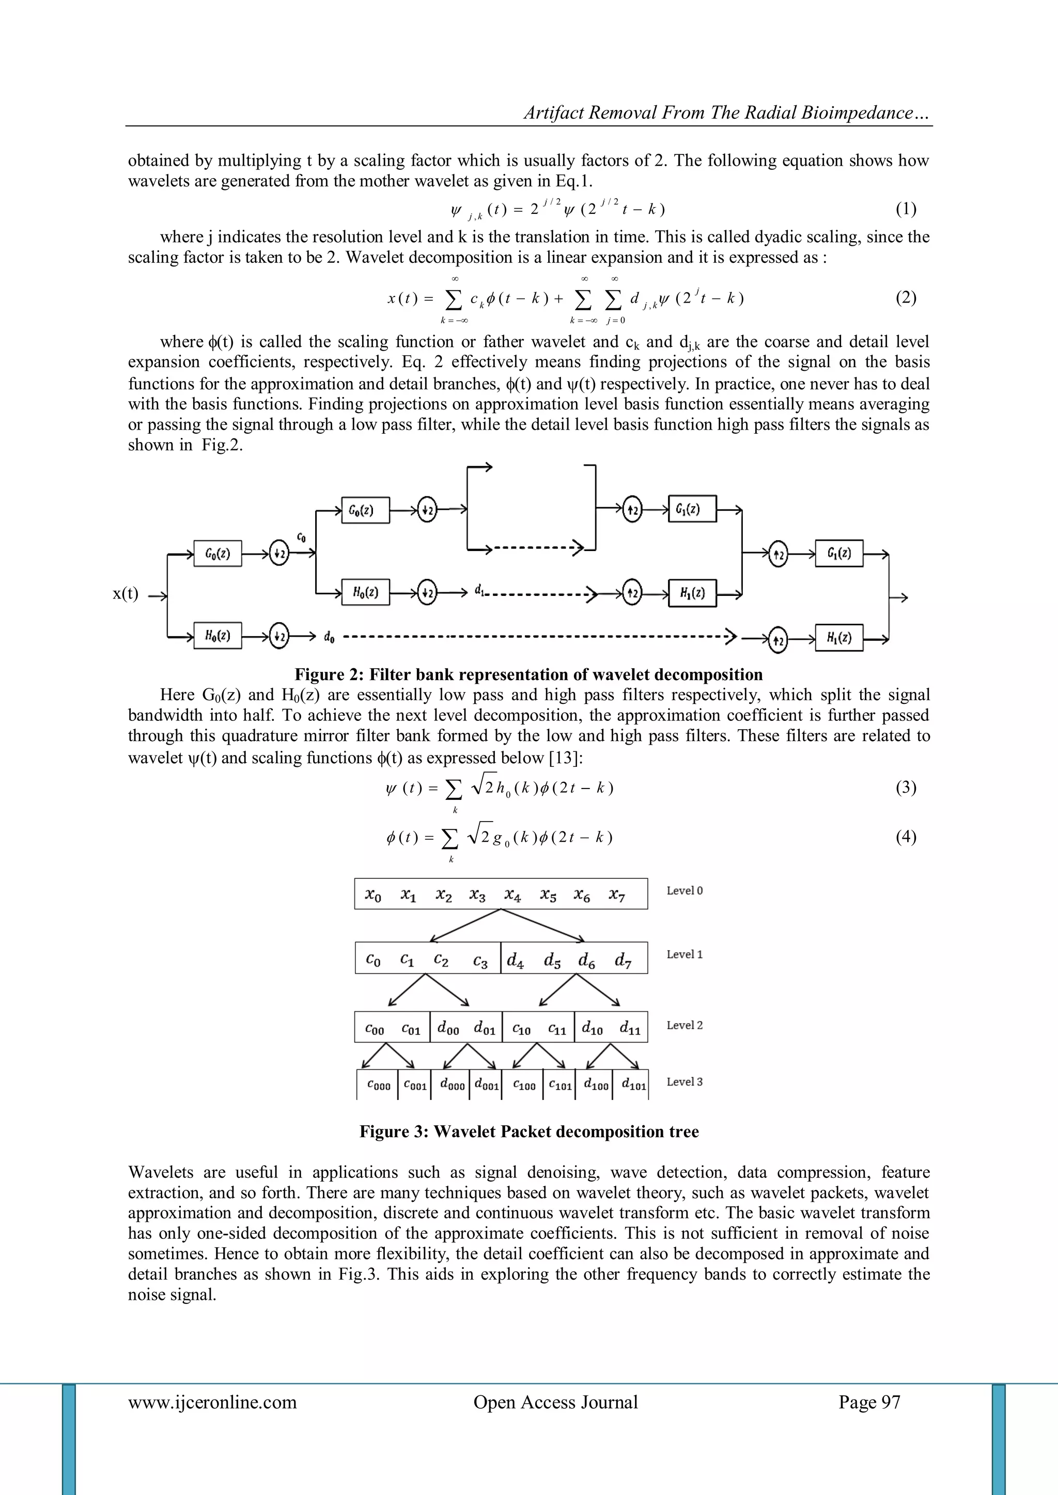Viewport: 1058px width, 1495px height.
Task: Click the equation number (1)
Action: [x=906, y=209]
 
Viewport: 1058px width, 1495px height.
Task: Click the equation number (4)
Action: [x=906, y=837]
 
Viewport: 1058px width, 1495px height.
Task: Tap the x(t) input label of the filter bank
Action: [x=125, y=593]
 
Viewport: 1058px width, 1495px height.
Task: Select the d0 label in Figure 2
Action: [x=329, y=637]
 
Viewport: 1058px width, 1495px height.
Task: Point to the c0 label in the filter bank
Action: [x=301, y=537]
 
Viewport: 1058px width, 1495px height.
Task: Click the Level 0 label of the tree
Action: [x=684, y=891]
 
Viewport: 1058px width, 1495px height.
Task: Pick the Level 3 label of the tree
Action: [x=684, y=1081]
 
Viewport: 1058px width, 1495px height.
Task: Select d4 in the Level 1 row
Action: [x=516, y=960]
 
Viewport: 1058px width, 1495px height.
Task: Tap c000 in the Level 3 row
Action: [x=379, y=1085]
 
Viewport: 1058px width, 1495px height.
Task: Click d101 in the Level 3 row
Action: [x=633, y=1085]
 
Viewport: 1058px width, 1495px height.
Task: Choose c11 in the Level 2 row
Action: [x=557, y=1029]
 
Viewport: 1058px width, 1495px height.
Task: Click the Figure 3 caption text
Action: [x=528, y=1131]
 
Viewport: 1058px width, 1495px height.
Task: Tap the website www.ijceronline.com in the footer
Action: [x=212, y=1402]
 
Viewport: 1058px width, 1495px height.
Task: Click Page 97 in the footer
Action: [x=869, y=1402]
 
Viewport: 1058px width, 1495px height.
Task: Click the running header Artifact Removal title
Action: [x=727, y=113]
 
